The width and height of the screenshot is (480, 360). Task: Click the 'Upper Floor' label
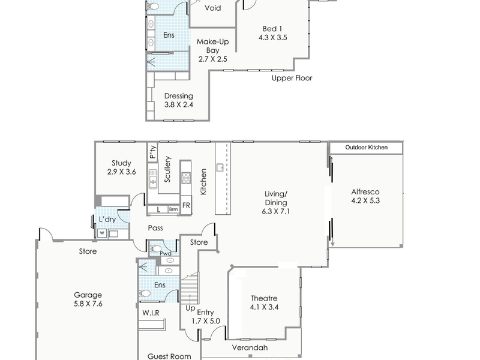(x=292, y=78)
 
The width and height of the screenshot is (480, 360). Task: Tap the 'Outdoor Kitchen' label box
(x=366, y=148)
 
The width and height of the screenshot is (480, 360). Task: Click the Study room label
(x=122, y=163)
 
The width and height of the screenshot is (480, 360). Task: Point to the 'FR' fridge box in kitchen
(x=187, y=205)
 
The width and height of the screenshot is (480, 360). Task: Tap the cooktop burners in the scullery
(x=186, y=177)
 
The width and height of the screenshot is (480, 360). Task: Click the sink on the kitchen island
(x=221, y=167)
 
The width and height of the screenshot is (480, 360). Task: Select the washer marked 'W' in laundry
(x=102, y=233)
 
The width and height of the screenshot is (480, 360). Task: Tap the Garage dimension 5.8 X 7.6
(x=88, y=304)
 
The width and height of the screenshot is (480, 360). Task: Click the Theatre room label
(x=264, y=299)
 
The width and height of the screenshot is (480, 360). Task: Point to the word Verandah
(x=250, y=348)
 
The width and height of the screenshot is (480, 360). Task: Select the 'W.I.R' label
(x=150, y=312)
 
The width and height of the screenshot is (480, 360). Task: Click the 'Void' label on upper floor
(x=213, y=8)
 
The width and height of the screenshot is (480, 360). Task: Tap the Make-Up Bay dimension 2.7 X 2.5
(x=212, y=59)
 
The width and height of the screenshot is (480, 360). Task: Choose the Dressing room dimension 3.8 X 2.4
(x=178, y=105)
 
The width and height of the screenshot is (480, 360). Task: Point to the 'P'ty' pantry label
(x=153, y=153)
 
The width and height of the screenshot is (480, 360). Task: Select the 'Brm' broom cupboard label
(x=173, y=209)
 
